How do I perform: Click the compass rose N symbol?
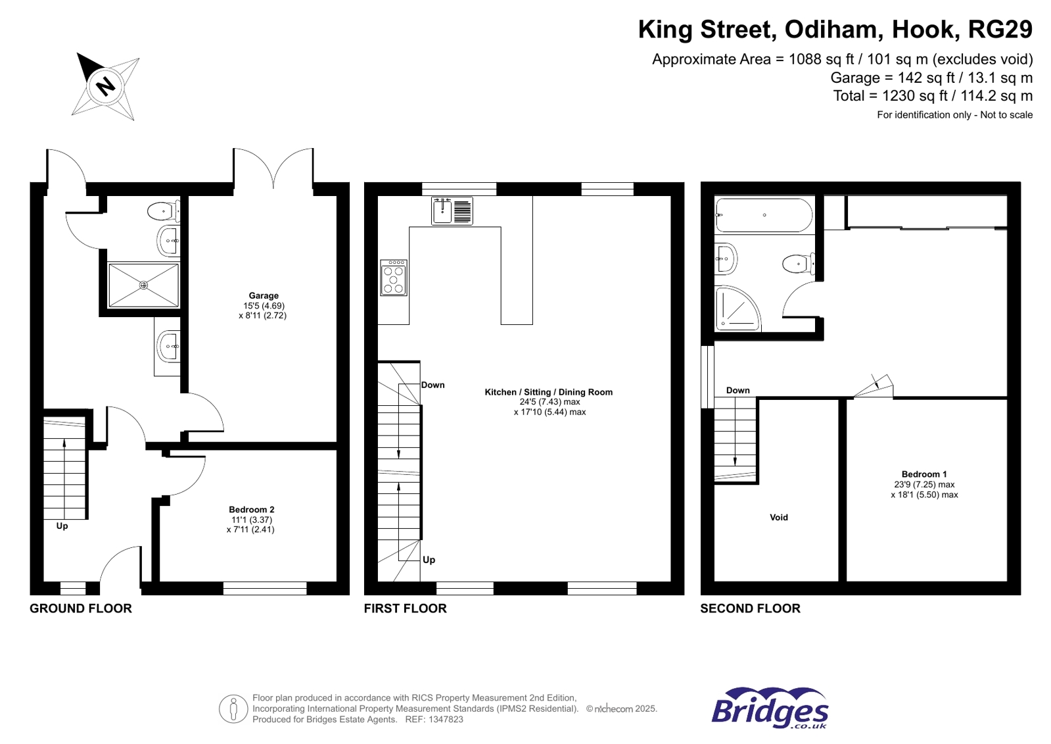pyautogui.click(x=105, y=86)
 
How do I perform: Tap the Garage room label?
pyautogui.click(x=263, y=296)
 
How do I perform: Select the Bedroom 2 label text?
pyautogui.click(x=251, y=510)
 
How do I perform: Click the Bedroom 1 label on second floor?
pyautogui.click(x=923, y=474)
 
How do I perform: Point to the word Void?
pyautogui.click(x=778, y=518)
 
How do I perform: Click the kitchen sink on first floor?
pyautogui.click(x=452, y=211)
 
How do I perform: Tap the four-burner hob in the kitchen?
pyautogui.click(x=394, y=278)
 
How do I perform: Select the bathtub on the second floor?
pyautogui.click(x=764, y=215)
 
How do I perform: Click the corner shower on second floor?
pyautogui.click(x=736, y=309)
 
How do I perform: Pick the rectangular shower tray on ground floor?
pyautogui.click(x=143, y=285)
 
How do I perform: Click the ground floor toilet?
pyautogui.click(x=162, y=212)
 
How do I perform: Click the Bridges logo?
pyautogui.click(x=770, y=708)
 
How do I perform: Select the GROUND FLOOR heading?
pyautogui.click(x=81, y=608)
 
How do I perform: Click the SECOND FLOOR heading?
pyautogui.click(x=750, y=608)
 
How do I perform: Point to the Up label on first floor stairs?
pyautogui.click(x=429, y=560)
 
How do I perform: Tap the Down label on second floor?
pyautogui.click(x=737, y=390)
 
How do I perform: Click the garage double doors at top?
pyautogui.click(x=273, y=168)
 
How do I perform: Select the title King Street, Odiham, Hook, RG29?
pyautogui.click(x=835, y=30)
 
